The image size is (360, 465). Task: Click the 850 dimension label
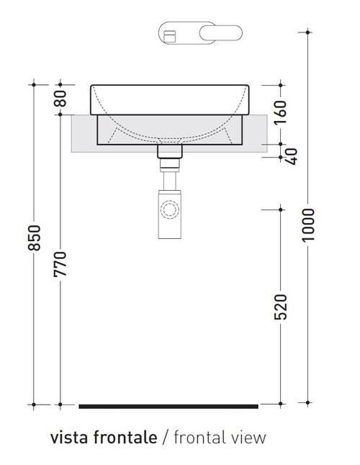tap(34, 238)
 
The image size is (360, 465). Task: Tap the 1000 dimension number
tap(309, 225)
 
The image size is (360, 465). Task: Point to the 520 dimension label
tap(281, 307)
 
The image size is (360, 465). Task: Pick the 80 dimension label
tap(61, 99)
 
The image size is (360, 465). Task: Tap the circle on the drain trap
tap(170, 210)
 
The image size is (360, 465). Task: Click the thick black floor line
tap(168, 407)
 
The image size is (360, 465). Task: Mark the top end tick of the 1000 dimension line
tap(308, 32)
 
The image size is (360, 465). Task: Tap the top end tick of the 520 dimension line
tap(281, 209)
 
